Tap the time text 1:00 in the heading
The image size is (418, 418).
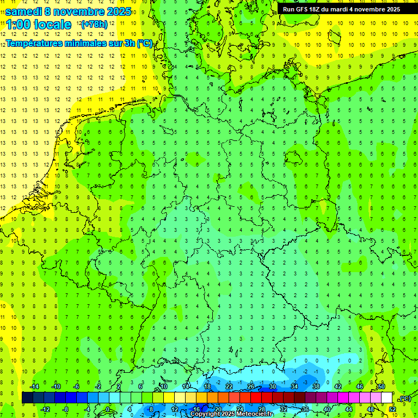(x=20, y=24)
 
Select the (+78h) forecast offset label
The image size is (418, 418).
(x=94, y=24)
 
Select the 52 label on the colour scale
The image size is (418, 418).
(x=392, y=409)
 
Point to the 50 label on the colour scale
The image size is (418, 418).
(x=382, y=386)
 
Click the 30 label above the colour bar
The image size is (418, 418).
(x=273, y=386)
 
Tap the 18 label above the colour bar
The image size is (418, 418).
(x=207, y=386)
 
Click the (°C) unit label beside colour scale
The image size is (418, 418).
(x=404, y=398)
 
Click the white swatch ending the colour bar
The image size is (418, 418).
(x=387, y=398)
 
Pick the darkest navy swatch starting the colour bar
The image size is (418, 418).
(x=27, y=398)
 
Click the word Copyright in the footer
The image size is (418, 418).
(x=205, y=414)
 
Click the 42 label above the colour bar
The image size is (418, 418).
(x=338, y=386)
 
